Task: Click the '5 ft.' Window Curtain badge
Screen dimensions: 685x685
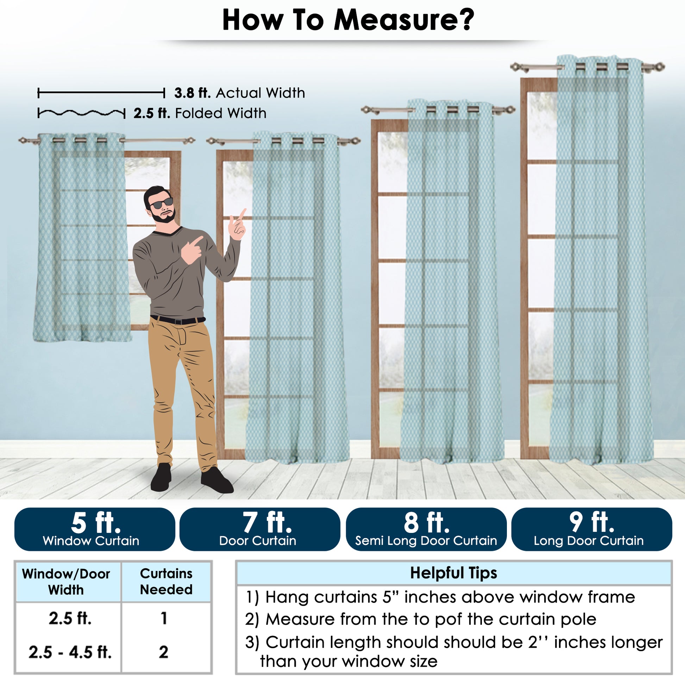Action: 95,529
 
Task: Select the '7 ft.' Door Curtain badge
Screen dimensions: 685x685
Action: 259,529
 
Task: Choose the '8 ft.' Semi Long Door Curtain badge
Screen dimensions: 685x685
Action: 426,529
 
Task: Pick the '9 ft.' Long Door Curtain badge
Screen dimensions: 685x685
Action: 592,529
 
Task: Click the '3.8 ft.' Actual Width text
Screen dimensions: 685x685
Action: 240,93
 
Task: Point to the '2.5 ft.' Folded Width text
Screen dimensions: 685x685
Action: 200,113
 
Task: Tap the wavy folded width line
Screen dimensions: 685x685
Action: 81,113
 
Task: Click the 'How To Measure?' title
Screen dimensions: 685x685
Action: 348,20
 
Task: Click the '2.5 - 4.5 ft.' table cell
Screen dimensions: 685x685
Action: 70,652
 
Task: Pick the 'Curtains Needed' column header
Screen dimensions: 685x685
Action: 166,582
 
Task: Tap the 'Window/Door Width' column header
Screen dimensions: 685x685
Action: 66,582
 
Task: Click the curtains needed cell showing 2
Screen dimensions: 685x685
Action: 163,652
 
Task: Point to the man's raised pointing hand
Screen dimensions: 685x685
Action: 238,225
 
